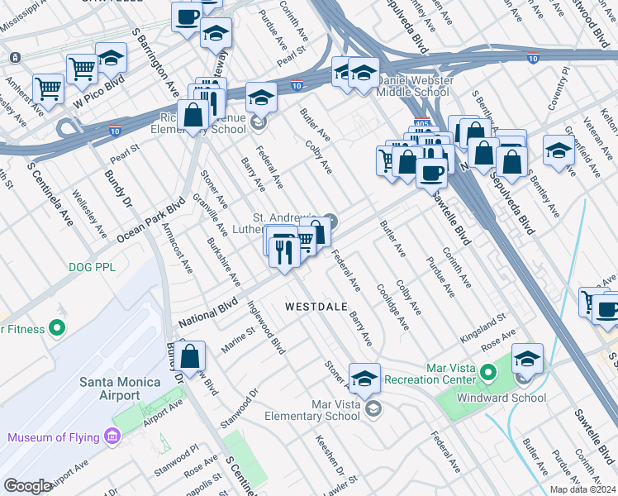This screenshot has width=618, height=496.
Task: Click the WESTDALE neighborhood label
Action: pyautogui.click(x=316, y=306)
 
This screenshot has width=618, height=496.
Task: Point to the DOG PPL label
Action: pyautogui.click(x=93, y=267)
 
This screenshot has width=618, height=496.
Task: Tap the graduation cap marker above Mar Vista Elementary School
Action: pyautogui.click(x=364, y=379)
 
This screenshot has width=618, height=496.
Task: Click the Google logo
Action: pyautogui.click(x=27, y=486)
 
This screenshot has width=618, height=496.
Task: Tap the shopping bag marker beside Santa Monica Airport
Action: pyautogui.click(x=190, y=357)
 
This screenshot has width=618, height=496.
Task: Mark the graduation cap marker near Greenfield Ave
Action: pyautogui.click(x=559, y=151)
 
